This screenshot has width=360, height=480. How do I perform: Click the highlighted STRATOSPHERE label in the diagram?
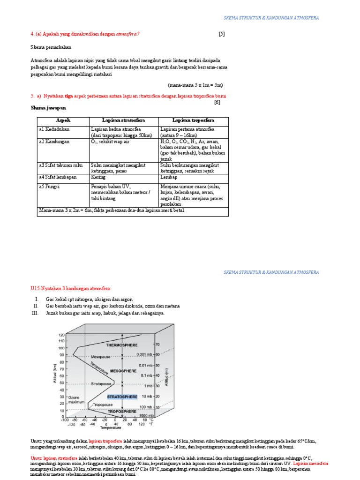pyautogui.click(x=122, y=397)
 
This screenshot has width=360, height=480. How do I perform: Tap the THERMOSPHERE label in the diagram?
pyautogui.click(x=122, y=345)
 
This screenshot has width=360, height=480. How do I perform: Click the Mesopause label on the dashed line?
pyautogui.click(x=94, y=356)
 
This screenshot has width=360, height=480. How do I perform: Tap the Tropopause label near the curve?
pyautogui.click(x=102, y=404)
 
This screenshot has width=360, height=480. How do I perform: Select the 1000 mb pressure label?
pyautogui.click(x=146, y=416)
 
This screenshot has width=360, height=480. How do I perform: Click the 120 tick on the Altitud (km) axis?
pyautogui.click(x=61, y=335)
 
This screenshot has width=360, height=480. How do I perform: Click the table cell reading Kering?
pyautogui.click(x=99, y=177)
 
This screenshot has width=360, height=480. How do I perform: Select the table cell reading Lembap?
pyautogui.click(x=168, y=177)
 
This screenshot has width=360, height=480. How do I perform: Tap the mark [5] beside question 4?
pyautogui.click(x=221, y=34)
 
